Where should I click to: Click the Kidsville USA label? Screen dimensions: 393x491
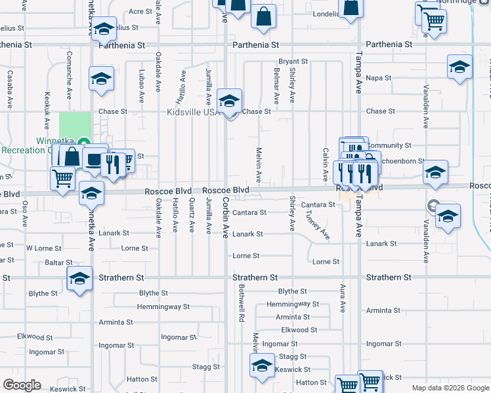point(192,112)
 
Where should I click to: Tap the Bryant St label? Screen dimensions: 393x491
point(293,62)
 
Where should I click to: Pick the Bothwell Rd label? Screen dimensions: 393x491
point(242,307)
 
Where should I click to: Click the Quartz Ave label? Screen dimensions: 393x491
point(192,215)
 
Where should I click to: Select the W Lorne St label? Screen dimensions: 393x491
point(43,249)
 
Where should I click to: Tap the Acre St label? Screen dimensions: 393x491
point(140,12)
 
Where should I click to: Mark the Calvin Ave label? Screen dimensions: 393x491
point(325,164)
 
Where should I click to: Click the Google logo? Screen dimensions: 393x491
point(22,385)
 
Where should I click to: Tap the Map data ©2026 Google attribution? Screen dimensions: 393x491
point(450,388)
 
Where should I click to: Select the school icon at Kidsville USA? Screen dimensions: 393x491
point(229,102)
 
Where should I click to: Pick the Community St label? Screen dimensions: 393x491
point(389,145)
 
